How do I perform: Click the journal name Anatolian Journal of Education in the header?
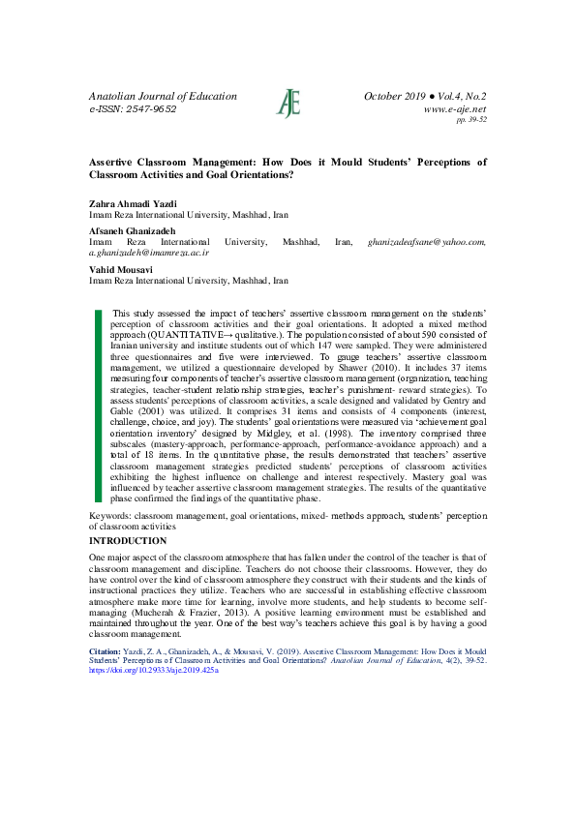[163, 96]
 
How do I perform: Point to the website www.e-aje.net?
[455, 109]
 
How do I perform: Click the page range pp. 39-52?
[470, 120]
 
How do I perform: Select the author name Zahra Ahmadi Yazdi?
[133, 203]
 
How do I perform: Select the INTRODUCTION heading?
[128, 540]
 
